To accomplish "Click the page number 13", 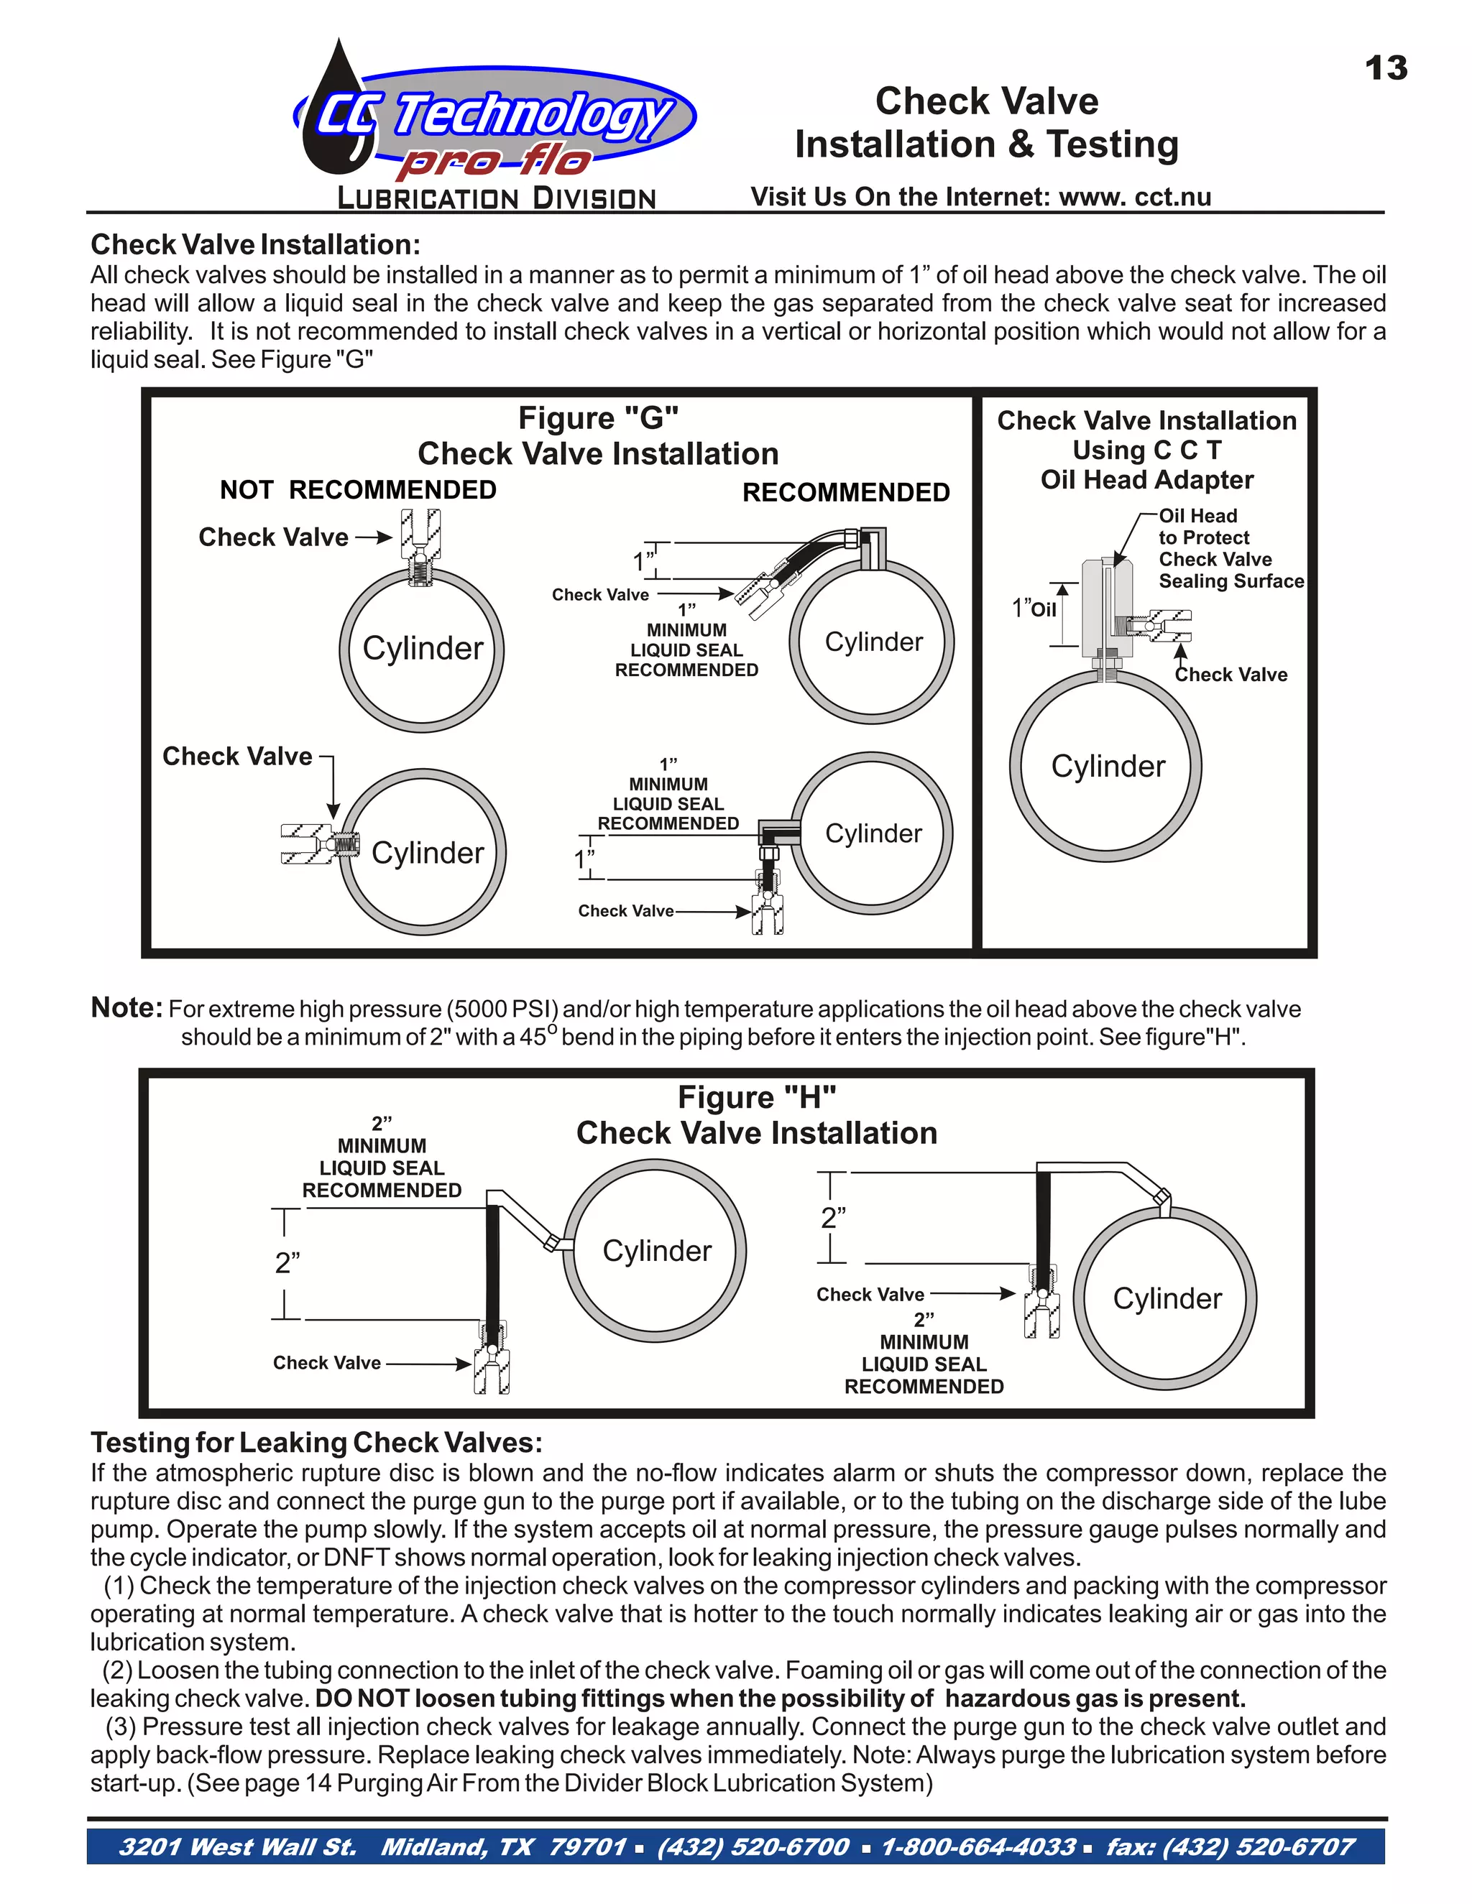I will tap(1386, 69).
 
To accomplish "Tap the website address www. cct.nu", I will tap(1134, 197).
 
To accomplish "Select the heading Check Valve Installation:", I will tap(255, 244).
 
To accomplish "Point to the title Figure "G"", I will tap(598, 418).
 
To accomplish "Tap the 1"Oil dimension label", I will tap(1034, 609).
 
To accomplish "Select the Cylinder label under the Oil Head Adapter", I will tap(1108, 767).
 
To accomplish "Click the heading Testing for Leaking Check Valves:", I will tap(316, 1443).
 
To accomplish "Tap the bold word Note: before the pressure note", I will tap(126, 1008).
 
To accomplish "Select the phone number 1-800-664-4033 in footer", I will tap(977, 1847).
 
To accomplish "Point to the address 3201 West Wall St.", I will tap(237, 1847).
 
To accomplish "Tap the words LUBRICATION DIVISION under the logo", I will tap(495, 199).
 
